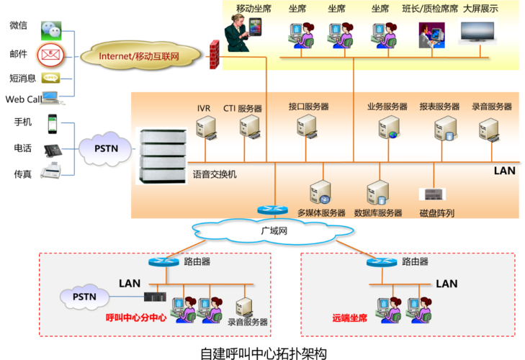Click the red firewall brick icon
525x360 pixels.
tap(214, 55)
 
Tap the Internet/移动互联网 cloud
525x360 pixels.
tap(139, 55)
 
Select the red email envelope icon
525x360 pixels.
tap(50, 54)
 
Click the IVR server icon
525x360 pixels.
tap(206, 128)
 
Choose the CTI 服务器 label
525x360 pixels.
tap(242, 108)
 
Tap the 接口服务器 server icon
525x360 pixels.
tap(308, 127)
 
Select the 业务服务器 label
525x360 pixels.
tap(387, 107)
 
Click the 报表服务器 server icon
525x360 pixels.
tap(443, 128)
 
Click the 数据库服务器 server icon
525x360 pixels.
tap(377, 192)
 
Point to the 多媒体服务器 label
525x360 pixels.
tap(321, 213)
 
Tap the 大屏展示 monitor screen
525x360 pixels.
tap(477, 34)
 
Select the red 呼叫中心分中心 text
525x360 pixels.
tap(136, 318)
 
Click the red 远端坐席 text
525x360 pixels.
tap(349, 318)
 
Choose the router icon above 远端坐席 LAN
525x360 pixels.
tap(382, 262)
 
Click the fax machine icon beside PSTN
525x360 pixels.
tap(50, 171)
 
